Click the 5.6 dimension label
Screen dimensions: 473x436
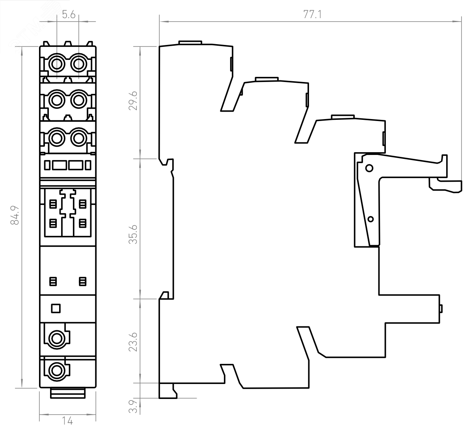click(x=69, y=15)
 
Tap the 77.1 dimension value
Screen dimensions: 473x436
click(x=312, y=15)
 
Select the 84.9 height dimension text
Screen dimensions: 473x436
click(x=15, y=215)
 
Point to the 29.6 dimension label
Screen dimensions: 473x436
click(x=133, y=101)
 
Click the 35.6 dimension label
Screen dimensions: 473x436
click(x=133, y=234)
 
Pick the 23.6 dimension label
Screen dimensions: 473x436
click(x=133, y=342)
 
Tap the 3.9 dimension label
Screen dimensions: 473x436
click(x=133, y=406)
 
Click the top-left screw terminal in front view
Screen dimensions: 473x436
click(x=57, y=64)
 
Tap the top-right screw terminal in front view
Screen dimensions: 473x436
click(x=79, y=64)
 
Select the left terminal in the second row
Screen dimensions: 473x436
click(x=57, y=101)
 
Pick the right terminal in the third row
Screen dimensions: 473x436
click(x=79, y=138)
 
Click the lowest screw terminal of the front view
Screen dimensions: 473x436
click(x=57, y=371)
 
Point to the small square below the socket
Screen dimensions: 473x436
click(x=56, y=308)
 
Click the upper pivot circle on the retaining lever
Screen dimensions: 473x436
click(x=369, y=168)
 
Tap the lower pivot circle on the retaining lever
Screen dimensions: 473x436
click(x=371, y=219)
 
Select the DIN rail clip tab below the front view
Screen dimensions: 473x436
click(x=68, y=393)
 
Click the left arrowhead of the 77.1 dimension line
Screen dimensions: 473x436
click(x=164, y=22)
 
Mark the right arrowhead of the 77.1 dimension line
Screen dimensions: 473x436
click(x=457, y=22)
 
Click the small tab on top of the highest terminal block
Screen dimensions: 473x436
click(x=190, y=43)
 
